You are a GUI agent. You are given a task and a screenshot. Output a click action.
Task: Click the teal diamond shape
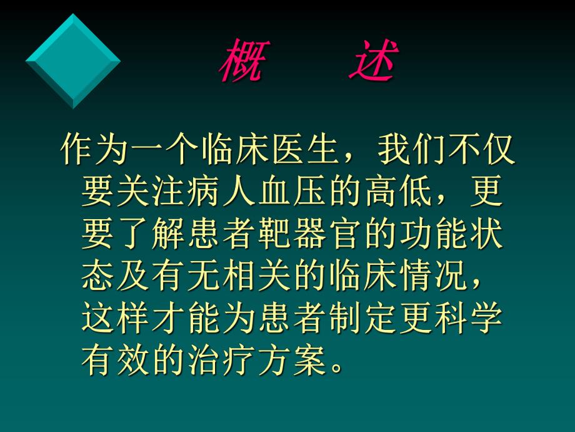(72, 61)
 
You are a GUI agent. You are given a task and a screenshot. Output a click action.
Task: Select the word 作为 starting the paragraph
(94, 151)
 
